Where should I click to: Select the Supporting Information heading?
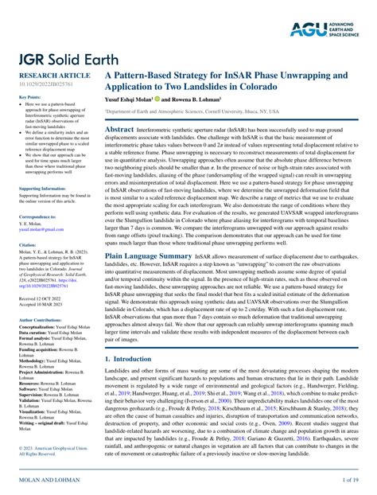coord(41,189)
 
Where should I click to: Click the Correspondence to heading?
coord(37,216)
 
